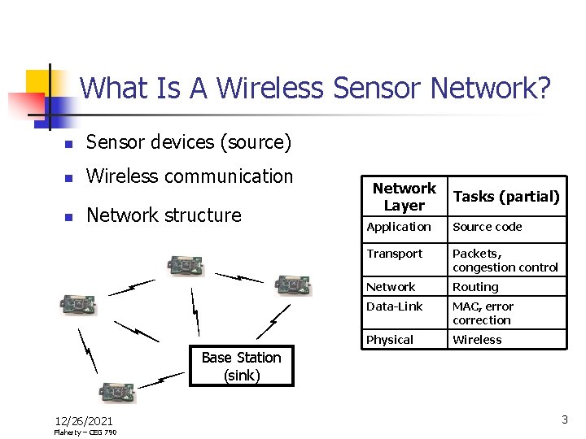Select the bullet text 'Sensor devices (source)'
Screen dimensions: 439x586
point(188,142)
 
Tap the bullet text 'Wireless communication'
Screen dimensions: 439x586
point(189,176)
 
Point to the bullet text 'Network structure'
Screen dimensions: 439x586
point(164,215)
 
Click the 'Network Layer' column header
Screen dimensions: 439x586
point(404,197)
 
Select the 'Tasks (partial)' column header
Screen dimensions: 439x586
point(506,197)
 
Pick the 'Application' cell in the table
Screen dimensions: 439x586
point(399,227)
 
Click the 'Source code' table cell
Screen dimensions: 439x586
point(488,227)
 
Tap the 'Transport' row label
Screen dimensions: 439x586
point(395,254)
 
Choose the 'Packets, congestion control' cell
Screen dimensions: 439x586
point(505,260)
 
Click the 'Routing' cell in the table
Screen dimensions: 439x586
point(475,287)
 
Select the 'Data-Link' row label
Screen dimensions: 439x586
point(395,306)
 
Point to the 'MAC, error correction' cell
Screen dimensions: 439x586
point(483,313)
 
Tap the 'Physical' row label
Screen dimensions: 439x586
point(390,340)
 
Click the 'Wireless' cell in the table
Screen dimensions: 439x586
point(477,340)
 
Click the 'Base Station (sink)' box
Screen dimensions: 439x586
point(241,367)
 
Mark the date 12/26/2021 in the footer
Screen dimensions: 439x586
point(84,420)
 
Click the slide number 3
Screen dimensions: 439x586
point(564,419)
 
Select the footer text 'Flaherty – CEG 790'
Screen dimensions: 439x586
point(85,432)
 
